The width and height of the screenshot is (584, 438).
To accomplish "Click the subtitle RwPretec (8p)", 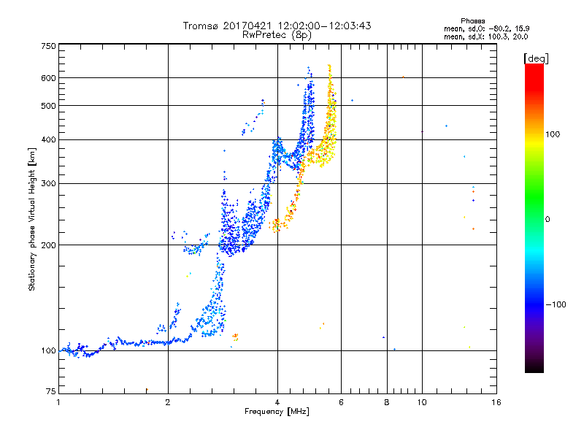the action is [x=277, y=35].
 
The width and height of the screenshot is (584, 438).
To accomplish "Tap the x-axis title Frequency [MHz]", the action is [x=277, y=412].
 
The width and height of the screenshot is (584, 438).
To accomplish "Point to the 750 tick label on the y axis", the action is [x=49, y=46].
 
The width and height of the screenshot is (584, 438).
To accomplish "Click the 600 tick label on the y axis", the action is [x=49, y=78].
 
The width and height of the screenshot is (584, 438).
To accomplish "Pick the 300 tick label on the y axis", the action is [x=49, y=183].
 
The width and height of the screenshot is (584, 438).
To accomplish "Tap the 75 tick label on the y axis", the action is [x=51, y=391].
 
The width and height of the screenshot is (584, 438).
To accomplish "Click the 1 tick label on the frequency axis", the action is [x=58, y=402].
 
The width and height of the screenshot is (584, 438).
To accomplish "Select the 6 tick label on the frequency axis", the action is [x=341, y=402].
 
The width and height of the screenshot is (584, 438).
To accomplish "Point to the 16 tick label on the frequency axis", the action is [x=496, y=402].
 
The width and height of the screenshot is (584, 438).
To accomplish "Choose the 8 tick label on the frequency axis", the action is [x=387, y=402].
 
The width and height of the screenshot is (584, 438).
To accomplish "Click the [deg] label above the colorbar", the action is [x=536, y=58].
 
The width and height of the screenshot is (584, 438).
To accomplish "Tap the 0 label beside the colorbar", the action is [x=547, y=219].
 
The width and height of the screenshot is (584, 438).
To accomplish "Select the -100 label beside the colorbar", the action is [x=556, y=304].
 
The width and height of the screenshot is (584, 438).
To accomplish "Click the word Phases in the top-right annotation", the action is [x=472, y=21].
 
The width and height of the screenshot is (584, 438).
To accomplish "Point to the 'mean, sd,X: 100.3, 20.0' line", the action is [x=485, y=36].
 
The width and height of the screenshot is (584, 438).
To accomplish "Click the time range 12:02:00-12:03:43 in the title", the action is [x=324, y=26].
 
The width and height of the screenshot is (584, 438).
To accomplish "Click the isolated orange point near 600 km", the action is [x=403, y=77].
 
